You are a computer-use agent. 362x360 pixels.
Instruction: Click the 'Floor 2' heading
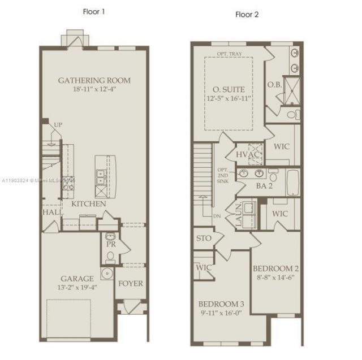coord(247,15)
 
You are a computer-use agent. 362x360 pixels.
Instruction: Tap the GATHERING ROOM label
coord(90,80)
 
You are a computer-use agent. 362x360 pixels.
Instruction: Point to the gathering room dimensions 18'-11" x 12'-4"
coord(90,89)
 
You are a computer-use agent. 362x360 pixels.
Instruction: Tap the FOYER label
coord(130,284)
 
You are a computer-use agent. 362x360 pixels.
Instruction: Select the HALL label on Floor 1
coord(51,212)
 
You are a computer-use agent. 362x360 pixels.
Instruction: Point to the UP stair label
coord(57,125)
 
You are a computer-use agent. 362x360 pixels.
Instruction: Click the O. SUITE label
coord(229,89)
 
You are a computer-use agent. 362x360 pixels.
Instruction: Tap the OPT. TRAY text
coord(229,55)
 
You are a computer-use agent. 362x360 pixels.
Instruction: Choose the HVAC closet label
coord(247,154)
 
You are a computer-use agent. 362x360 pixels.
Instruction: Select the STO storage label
coord(204,238)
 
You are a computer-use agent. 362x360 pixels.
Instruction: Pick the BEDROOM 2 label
coord(275,268)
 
